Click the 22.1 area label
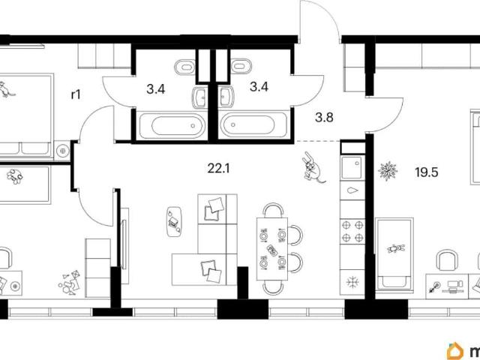point(218,168)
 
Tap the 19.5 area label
point(427,172)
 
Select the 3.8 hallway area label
point(324,117)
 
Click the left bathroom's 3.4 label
point(156,89)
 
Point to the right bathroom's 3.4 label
point(259,87)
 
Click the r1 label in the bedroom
point(76,94)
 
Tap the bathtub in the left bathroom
point(172,125)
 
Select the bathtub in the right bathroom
point(253,125)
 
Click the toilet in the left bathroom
point(185,67)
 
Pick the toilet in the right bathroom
point(241,66)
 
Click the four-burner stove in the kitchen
point(352,231)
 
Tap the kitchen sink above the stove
point(352,167)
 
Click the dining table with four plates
point(272,248)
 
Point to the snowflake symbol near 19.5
point(388,171)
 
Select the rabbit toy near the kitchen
point(313,168)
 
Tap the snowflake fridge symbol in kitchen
point(352,282)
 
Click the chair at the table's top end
point(273,209)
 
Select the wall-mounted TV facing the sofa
point(124,245)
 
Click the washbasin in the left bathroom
point(199,97)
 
